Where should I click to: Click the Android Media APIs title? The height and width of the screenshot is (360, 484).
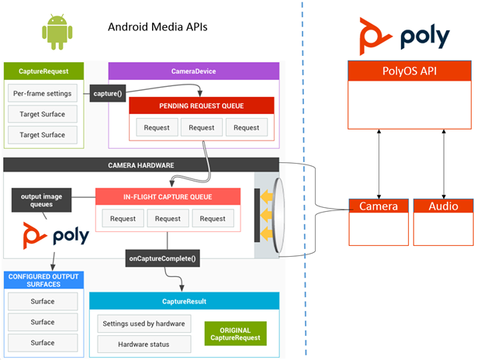point(157,28)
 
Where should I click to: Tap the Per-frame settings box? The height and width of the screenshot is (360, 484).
point(43,94)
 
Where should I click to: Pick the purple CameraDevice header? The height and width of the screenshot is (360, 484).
point(193,71)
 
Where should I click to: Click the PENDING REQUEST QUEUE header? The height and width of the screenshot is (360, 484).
point(202,105)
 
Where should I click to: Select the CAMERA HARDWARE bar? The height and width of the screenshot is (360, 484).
point(140,165)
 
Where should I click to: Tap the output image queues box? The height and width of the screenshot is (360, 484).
point(37,201)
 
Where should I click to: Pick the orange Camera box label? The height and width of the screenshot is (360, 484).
point(379,206)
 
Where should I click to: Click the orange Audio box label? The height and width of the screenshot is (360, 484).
point(443,206)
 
